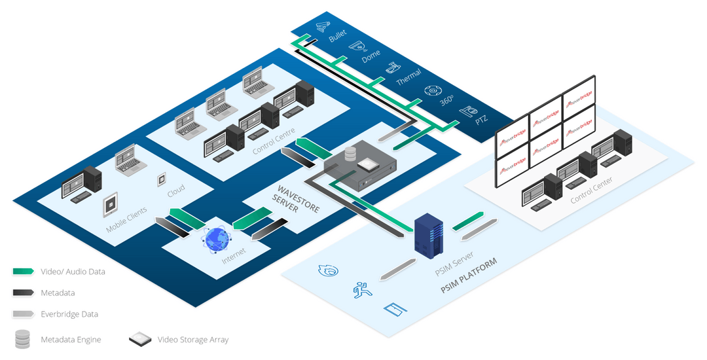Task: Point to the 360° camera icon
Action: [x=431, y=92]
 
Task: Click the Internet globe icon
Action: [x=217, y=240]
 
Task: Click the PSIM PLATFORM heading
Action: [x=469, y=276]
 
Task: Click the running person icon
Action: [x=359, y=288]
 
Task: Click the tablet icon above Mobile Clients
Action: [x=111, y=204]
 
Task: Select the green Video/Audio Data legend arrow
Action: [x=23, y=271]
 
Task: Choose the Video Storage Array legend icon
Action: [x=140, y=339]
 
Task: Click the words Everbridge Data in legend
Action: [x=69, y=314]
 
